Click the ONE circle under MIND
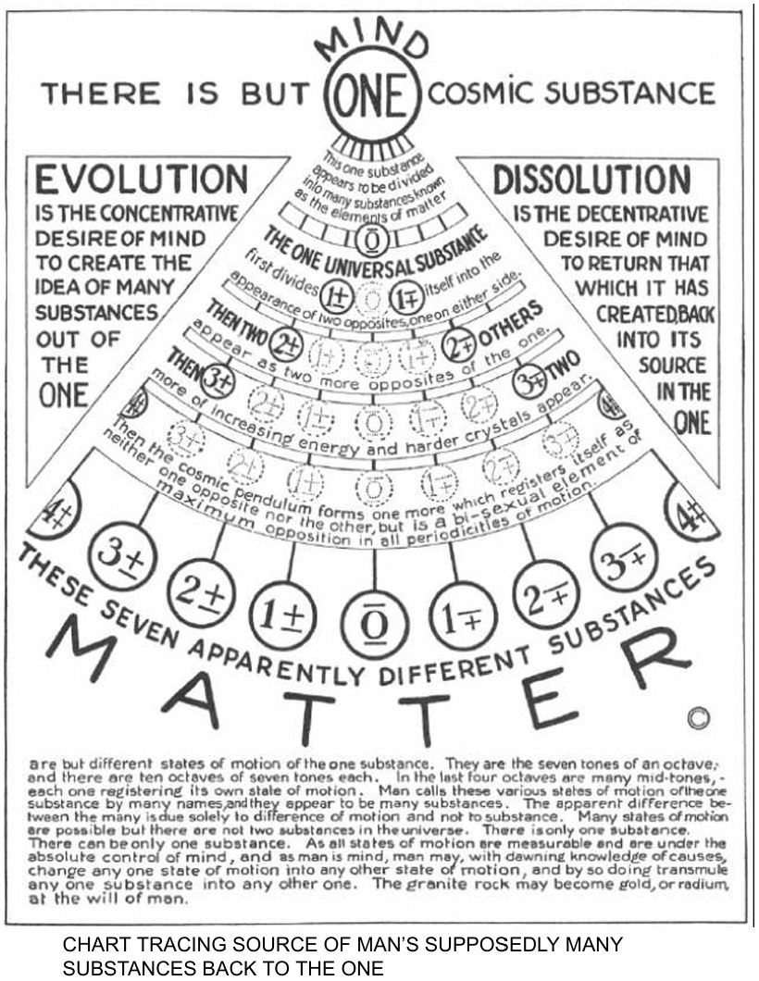tap(376, 95)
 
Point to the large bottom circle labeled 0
tap(374, 627)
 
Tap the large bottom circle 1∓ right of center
tap(464, 615)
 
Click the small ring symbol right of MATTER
tap(699, 717)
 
